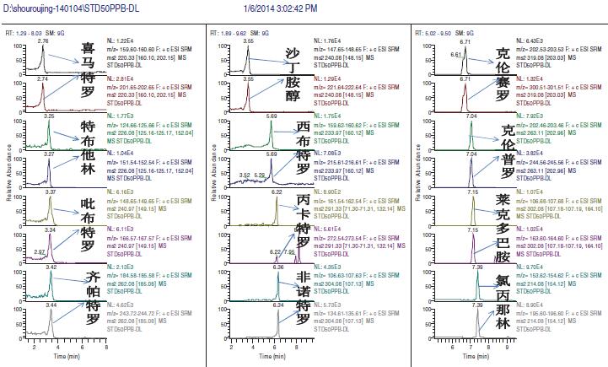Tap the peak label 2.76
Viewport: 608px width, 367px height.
pos(44,40)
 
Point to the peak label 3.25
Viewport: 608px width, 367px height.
pos(49,116)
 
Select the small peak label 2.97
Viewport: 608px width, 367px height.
pos(38,251)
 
